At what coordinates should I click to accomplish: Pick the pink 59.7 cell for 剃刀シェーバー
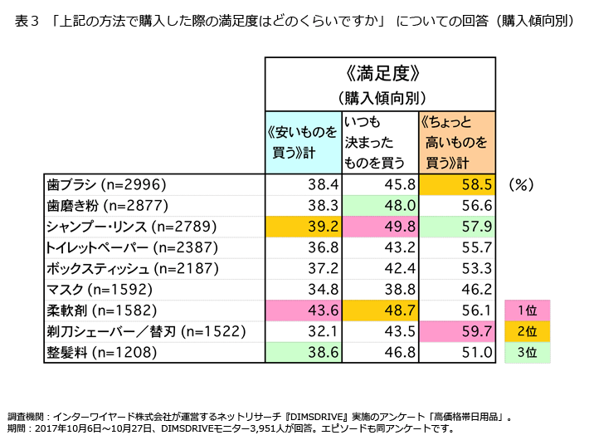(457, 331)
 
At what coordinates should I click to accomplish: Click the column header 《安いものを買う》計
(304, 141)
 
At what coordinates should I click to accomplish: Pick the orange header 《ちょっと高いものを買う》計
(457, 141)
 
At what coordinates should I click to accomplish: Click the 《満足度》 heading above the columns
(381, 73)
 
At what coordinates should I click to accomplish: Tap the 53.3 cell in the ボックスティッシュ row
(457, 269)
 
